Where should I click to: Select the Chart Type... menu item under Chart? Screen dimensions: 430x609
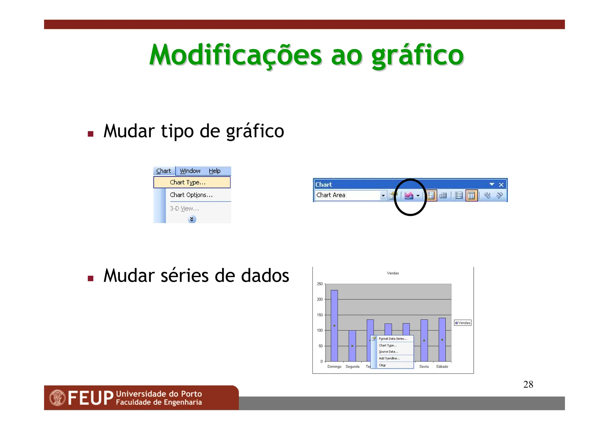(x=188, y=182)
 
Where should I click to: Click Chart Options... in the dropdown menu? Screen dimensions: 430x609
(x=191, y=195)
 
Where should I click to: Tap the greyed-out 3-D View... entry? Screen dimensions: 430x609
(x=184, y=209)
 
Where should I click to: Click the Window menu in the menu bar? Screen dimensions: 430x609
(x=190, y=171)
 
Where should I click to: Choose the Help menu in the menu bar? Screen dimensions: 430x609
(x=214, y=171)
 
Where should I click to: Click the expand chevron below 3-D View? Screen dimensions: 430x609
(x=192, y=219)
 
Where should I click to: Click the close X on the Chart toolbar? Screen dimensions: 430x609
(x=501, y=185)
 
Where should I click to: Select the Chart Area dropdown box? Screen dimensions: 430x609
(x=350, y=195)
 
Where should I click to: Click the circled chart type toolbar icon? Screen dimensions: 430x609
(x=409, y=196)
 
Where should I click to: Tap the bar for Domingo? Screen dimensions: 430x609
(x=334, y=325)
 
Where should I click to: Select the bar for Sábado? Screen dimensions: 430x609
(x=442, y=339)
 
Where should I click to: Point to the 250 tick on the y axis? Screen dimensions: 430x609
(x=320, y=284)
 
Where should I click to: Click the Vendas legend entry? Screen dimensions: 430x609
(x=463, y=323)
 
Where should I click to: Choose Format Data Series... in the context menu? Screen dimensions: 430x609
(x=393, y=339)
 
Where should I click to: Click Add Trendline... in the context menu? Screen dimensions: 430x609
(x=389, y=358)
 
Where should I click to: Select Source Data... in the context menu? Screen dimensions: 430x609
(x=388, y=352)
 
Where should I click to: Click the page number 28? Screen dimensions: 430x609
(x=528, y=385)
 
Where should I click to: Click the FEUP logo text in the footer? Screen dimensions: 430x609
(x=90, y=398)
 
